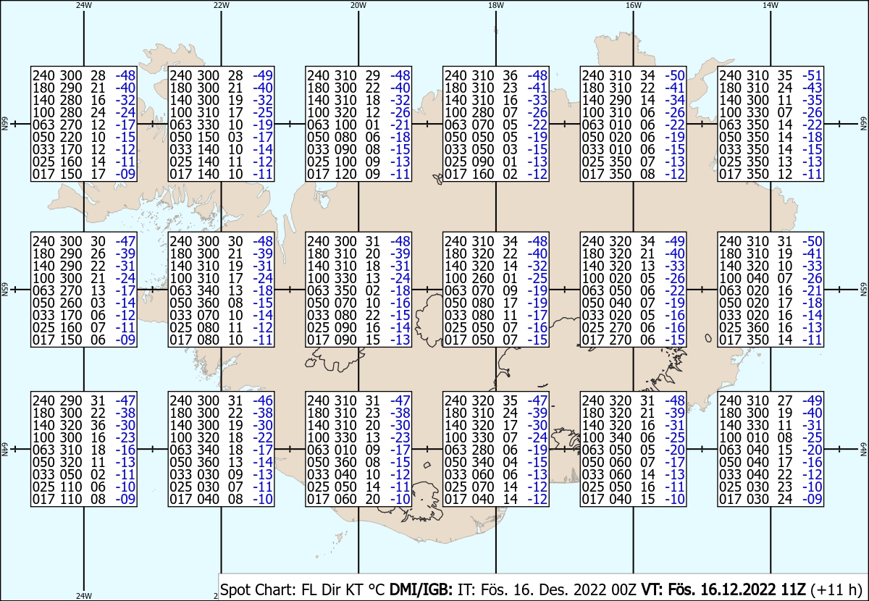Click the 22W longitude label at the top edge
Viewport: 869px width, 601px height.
221,6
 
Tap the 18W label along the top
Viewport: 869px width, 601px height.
496,6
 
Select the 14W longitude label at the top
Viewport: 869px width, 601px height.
771,6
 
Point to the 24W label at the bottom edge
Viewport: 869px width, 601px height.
84,595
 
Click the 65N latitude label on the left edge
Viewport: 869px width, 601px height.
4,290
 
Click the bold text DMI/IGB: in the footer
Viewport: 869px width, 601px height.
421,589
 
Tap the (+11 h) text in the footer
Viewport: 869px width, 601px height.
836,589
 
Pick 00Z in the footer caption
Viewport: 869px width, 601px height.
624,589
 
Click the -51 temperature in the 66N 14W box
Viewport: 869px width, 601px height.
812,75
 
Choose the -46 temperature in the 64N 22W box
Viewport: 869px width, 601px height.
263,400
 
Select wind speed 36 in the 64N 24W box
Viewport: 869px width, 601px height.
98,425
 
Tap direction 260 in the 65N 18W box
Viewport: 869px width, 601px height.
482,278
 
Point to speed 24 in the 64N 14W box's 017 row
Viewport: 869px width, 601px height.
785,500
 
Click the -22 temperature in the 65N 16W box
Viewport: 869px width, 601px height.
675,290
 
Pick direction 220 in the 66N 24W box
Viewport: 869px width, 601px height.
70,138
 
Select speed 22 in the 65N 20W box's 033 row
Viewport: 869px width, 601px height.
373,315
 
